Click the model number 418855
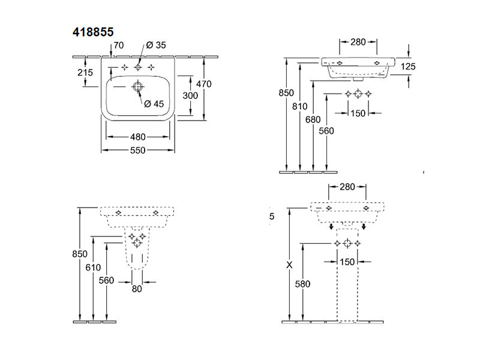[x=93, y=32]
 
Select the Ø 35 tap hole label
[x=156, y=46]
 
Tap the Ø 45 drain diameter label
[x=154, y=104]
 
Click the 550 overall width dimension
[x=138, y=150]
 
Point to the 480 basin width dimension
[x=138, y=137]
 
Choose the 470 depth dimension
[x=204, y=84]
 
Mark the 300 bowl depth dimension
[x=190, y=96]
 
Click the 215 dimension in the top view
[x=85, y=73]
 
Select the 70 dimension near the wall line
[x=119, y=46]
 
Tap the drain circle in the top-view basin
[x=138, y=86]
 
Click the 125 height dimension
[x=408, y=67]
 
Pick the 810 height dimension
[x=299, y=107]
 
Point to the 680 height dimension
[x=313, y=119]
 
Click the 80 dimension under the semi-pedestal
[x=137, y=289]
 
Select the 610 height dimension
[x=93, y=268]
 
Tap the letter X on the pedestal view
[x=289, y=265]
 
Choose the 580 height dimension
[x=303, y=284]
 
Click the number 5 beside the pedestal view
[x=272, y=217]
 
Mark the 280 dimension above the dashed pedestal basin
[x=347, y=187]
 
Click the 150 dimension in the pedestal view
[x=347, y=262]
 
